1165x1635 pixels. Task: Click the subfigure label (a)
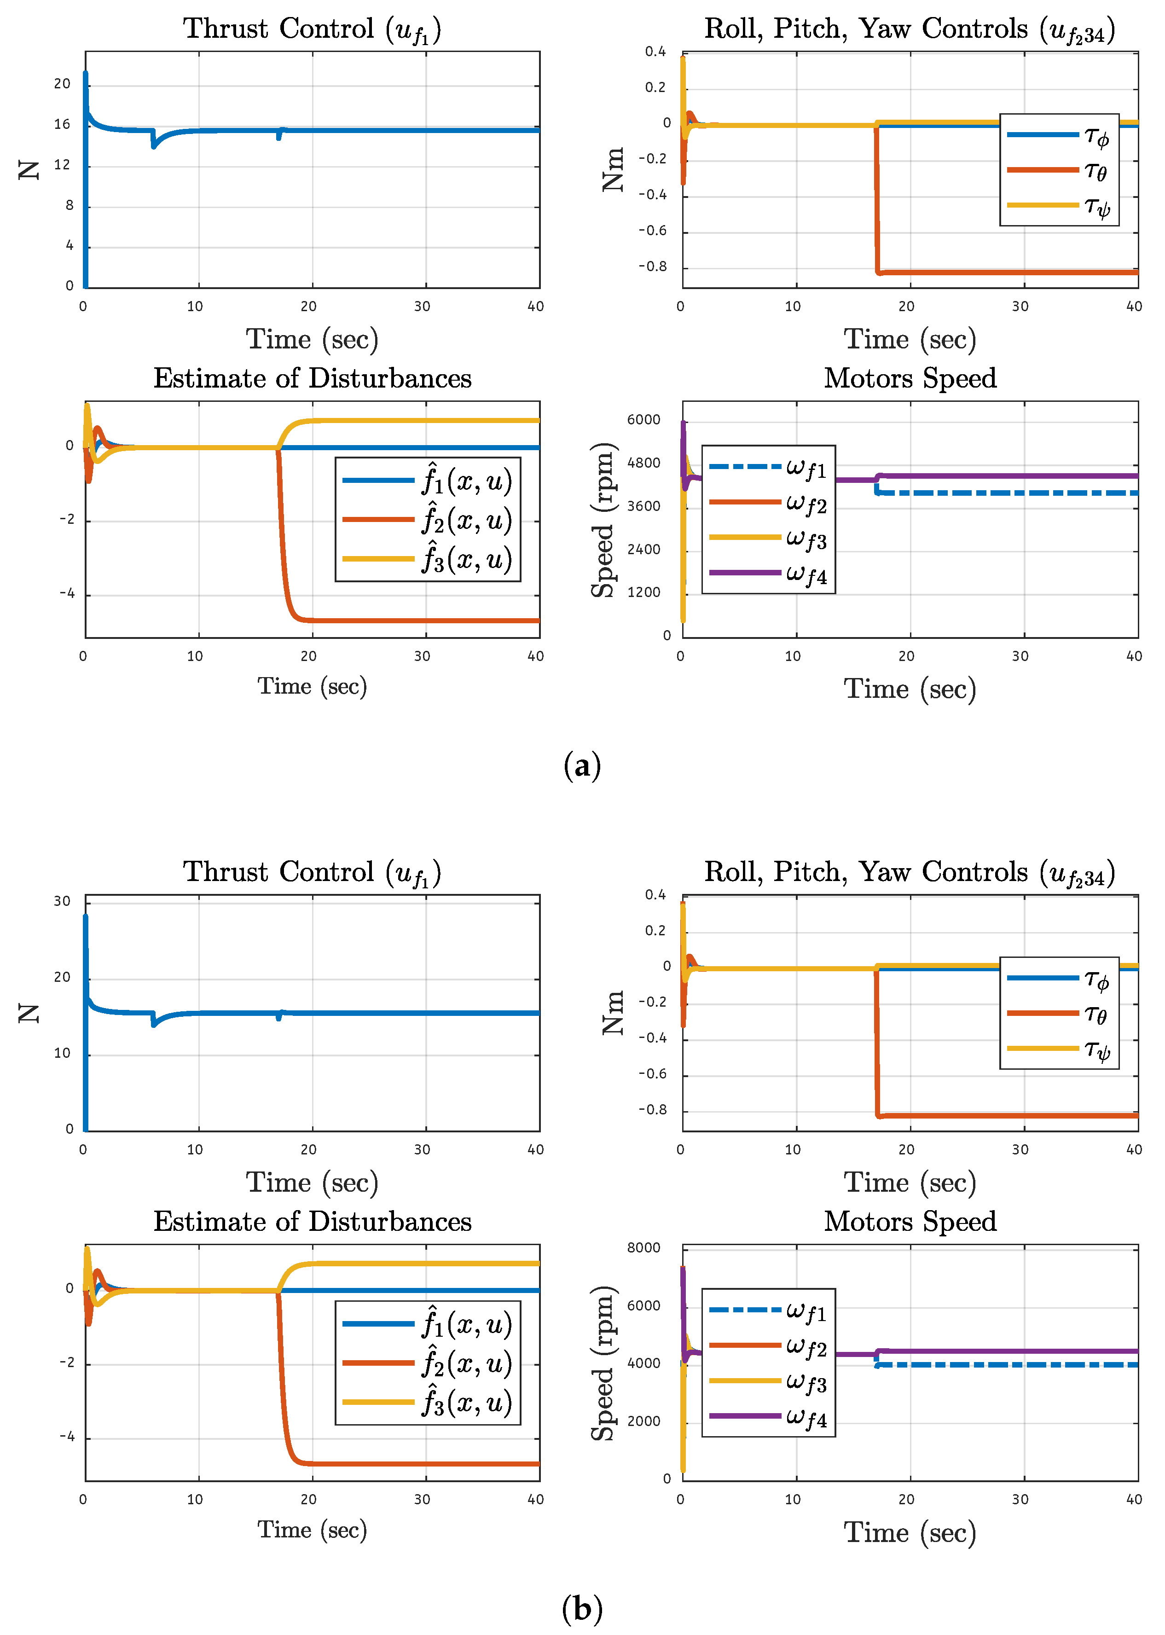(x=582, y=766)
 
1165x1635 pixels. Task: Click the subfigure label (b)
(x=582, y=1609)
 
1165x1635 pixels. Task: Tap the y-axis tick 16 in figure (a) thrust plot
(x=63, y=125)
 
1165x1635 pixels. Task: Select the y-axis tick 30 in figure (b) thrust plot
(x=63, y=901)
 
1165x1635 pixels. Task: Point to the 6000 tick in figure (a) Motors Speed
(x=643, y=420)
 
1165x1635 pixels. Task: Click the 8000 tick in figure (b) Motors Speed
(x=643, y=1247)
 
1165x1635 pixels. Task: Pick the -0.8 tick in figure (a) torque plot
(x=653, y=267)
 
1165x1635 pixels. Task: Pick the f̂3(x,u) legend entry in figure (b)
(x=428, y=1403)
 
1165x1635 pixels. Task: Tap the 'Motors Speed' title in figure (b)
(x=910, y=1222)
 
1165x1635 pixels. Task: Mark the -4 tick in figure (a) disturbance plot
(x=67, y=594)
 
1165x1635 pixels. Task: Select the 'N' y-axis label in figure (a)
(x=29, y=170)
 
